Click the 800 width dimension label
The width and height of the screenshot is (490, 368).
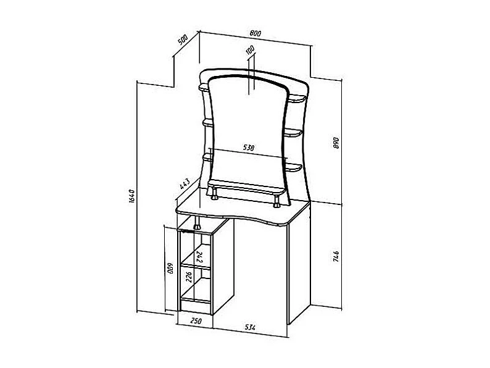point(255,33)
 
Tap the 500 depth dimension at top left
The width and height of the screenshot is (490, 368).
point(183,40)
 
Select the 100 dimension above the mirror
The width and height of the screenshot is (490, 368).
point(250,50)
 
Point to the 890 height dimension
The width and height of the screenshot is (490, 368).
point(336,143)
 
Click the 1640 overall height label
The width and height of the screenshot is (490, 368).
point(131,196)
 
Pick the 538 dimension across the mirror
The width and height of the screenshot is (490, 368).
point(249,148)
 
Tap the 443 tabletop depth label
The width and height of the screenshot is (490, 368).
point(185,184)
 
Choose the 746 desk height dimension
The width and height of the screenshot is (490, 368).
point(336,256)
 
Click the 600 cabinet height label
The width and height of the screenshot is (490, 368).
point(170,268)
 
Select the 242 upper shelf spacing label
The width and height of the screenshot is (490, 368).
point(200,257)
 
